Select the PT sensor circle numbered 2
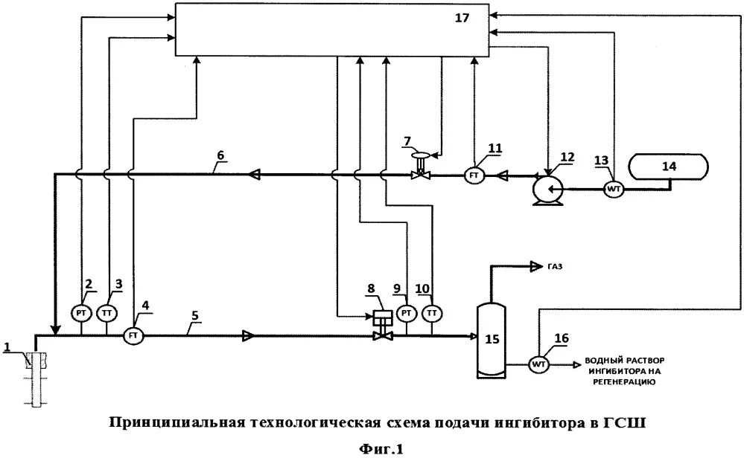pos(81,312)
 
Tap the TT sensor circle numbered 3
pos(108,312)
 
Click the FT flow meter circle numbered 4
pos(134,335)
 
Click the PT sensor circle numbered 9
pos(407,312)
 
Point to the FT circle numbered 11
pos(474,175)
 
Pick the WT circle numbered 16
pos(538,364)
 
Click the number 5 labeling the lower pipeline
pos(194,315)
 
